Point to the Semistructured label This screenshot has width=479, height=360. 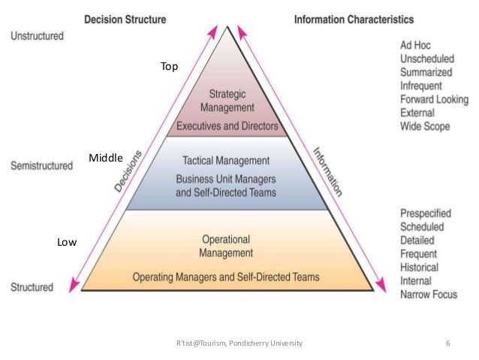pyautogui.click(x=41, y=165)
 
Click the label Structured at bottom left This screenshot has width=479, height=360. pyautogui.click(x=32, y=287)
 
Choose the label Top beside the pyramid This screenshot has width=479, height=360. pyautogui.click(x=169, y=67)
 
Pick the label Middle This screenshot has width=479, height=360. pyautogui.click(x=106, y=157)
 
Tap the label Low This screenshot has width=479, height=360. pyautogui.click(x=67, y=242)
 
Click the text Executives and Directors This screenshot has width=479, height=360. pyautogui.click(x=227, y=126)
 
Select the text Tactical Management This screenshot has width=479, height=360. pyautogui.click(x=226, y=160)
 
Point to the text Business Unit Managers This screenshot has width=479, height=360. pyautogui.click(x=226, y=180)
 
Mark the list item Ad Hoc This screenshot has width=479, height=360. pyautogui.click(x=414, y=45)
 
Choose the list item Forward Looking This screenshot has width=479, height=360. pyautogui.click(x=434, y=99)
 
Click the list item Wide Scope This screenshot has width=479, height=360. pyautogui.click(x=424, y=126)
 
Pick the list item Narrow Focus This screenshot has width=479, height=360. pyautogui.click(x=428, y=294)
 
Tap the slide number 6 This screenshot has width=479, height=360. pyautogui.click(x=447, y=343)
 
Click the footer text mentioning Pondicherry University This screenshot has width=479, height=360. pyautogui.click(x=238, y=343)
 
